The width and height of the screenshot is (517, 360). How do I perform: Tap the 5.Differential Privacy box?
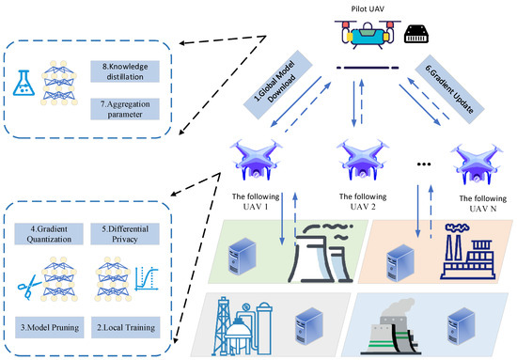pos(127,233)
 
